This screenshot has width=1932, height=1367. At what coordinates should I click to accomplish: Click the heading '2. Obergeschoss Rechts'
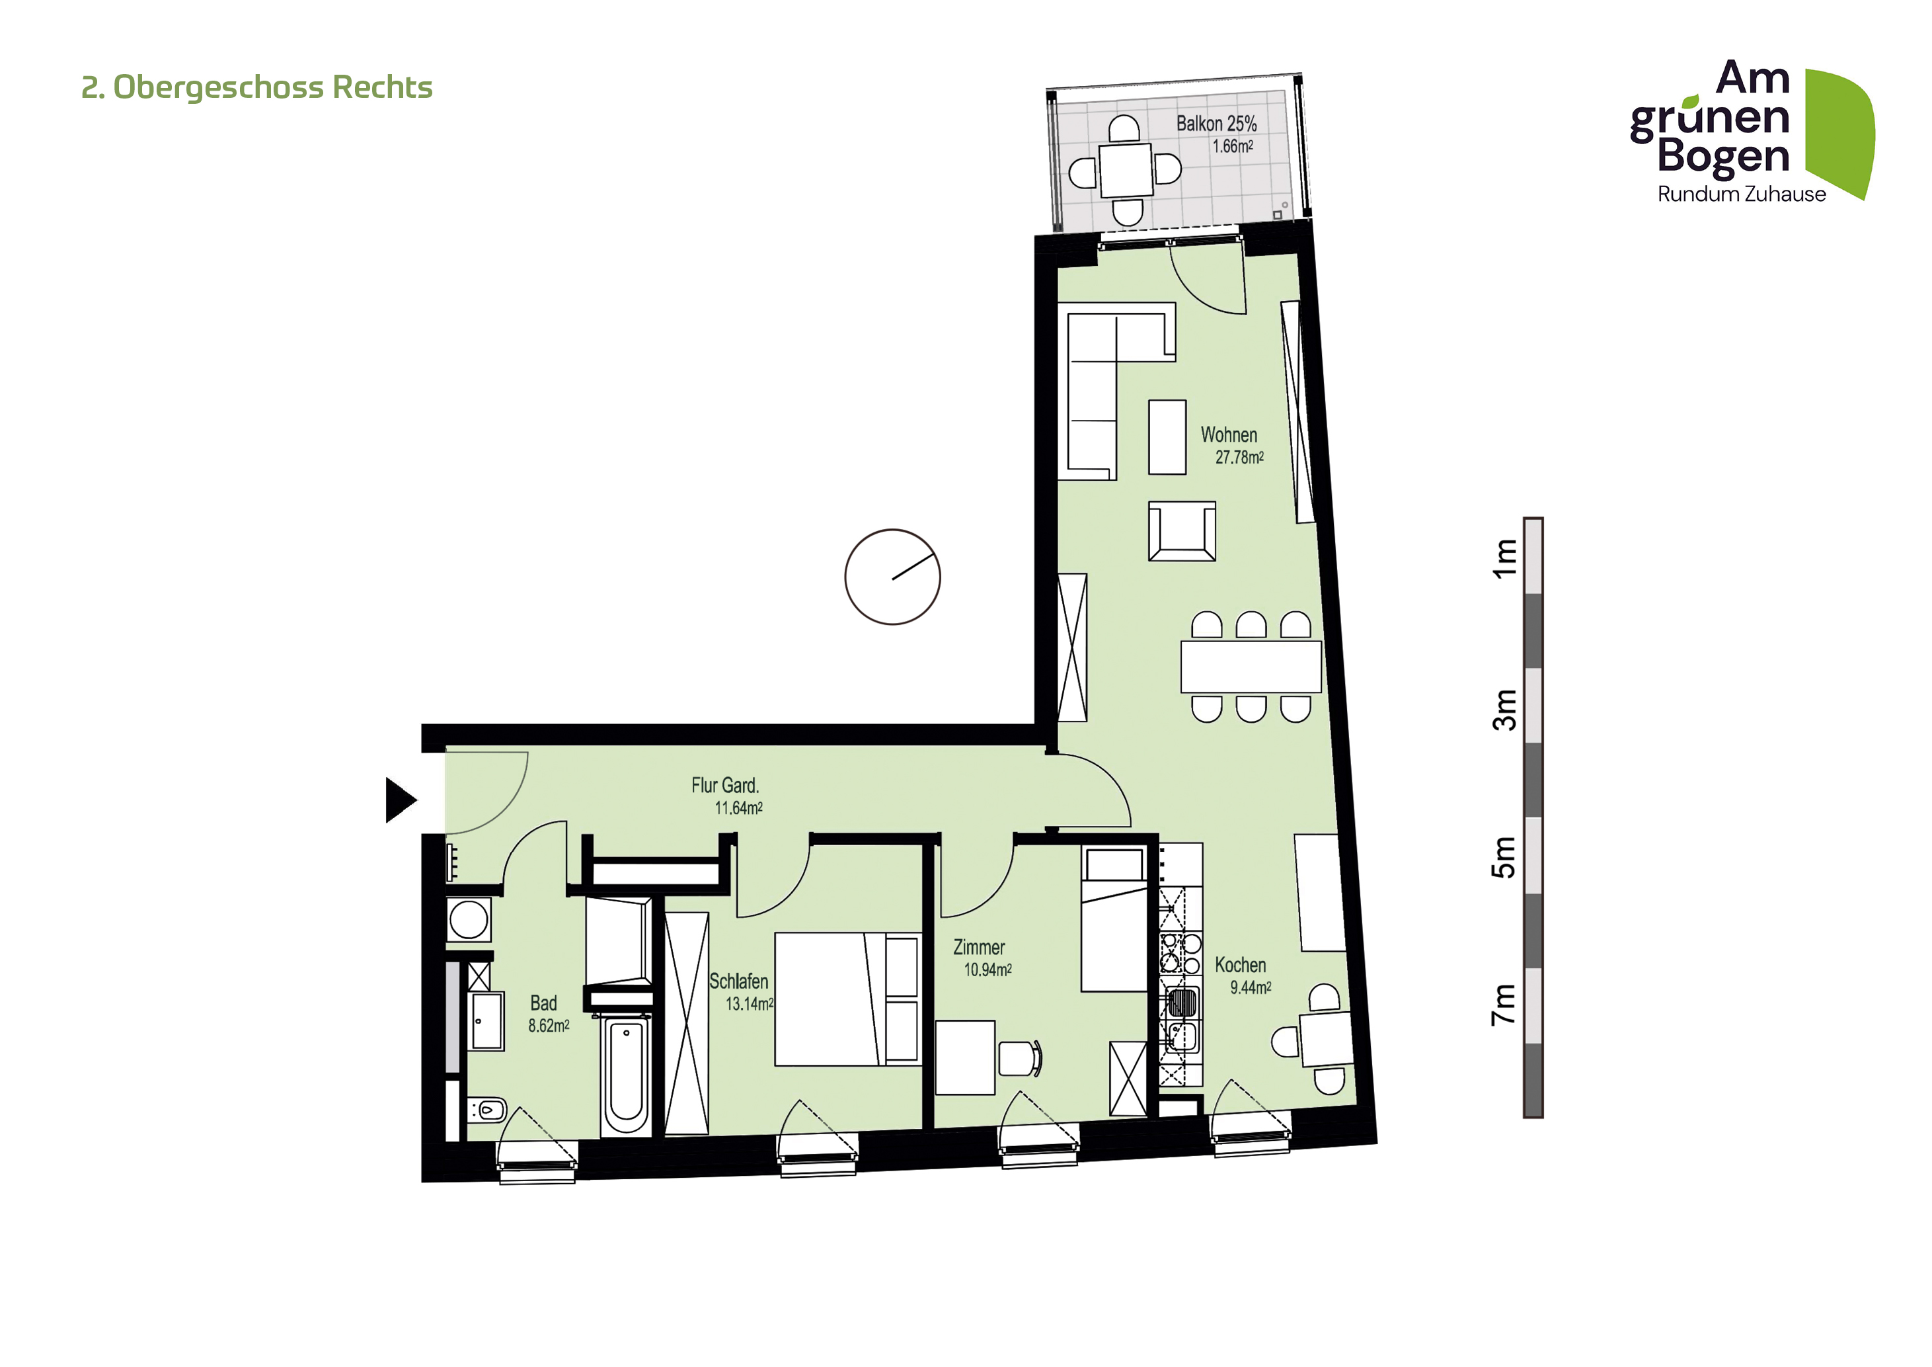click(256, 87)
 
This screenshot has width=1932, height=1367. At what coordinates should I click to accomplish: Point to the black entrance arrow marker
click(401, 800)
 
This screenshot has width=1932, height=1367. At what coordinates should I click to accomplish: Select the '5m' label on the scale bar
click(1503, 857)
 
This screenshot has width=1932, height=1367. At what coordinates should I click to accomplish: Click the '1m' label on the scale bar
click(1503, 559)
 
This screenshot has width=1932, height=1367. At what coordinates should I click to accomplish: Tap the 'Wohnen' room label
click(1229, 435)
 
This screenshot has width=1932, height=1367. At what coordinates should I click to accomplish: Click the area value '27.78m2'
click(1239, 458)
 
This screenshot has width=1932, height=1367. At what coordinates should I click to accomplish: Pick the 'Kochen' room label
click(1241, 966)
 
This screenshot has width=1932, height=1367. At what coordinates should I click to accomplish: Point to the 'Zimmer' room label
click(979, 948)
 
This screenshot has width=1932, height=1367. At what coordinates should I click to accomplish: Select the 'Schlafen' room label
click(738, 981)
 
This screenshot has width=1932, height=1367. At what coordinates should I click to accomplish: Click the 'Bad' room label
click(543, 1003)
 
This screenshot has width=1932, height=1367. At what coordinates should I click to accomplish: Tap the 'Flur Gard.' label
click(724, 786)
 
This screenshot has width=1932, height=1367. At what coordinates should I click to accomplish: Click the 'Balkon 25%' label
click(1216, 124)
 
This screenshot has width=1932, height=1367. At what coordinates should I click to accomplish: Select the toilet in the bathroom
click(487, 1110)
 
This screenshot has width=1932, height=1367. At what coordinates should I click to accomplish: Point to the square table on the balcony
click(1126, 169)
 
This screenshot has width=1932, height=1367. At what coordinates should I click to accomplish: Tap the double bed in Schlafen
click(848, 999)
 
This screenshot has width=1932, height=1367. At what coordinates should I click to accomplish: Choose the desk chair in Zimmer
click(1020, 1058)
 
